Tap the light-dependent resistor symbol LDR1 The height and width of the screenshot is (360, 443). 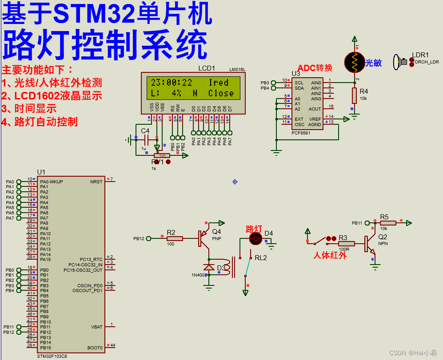click(x=355, y=62)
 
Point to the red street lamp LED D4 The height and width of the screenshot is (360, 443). click(x=255, y=239)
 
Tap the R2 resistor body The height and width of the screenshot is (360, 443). click(x=175, y=238)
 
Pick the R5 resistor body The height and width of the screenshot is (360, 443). click(x=387, y=223)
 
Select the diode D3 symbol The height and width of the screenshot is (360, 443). click(x=209, y=267)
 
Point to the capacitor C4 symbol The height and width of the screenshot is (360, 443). click(x=145, y=140)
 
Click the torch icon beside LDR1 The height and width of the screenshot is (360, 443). click(x=400, y=62)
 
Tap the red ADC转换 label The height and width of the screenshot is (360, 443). click(x=315, y=68)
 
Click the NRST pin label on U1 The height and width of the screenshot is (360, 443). click(x=96, y=182)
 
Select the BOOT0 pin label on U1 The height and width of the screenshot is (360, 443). click(x=95, y=348)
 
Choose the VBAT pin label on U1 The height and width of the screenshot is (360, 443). click(x=96, y=327)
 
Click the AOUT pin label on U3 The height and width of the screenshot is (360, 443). click(x=315, y=109)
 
